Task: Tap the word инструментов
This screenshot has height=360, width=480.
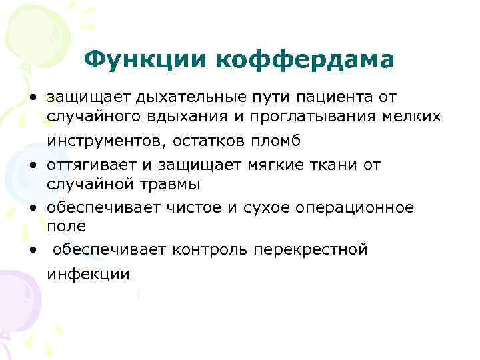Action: click(x=106, y=141)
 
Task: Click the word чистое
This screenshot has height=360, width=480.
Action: click(x=191, y=207)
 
